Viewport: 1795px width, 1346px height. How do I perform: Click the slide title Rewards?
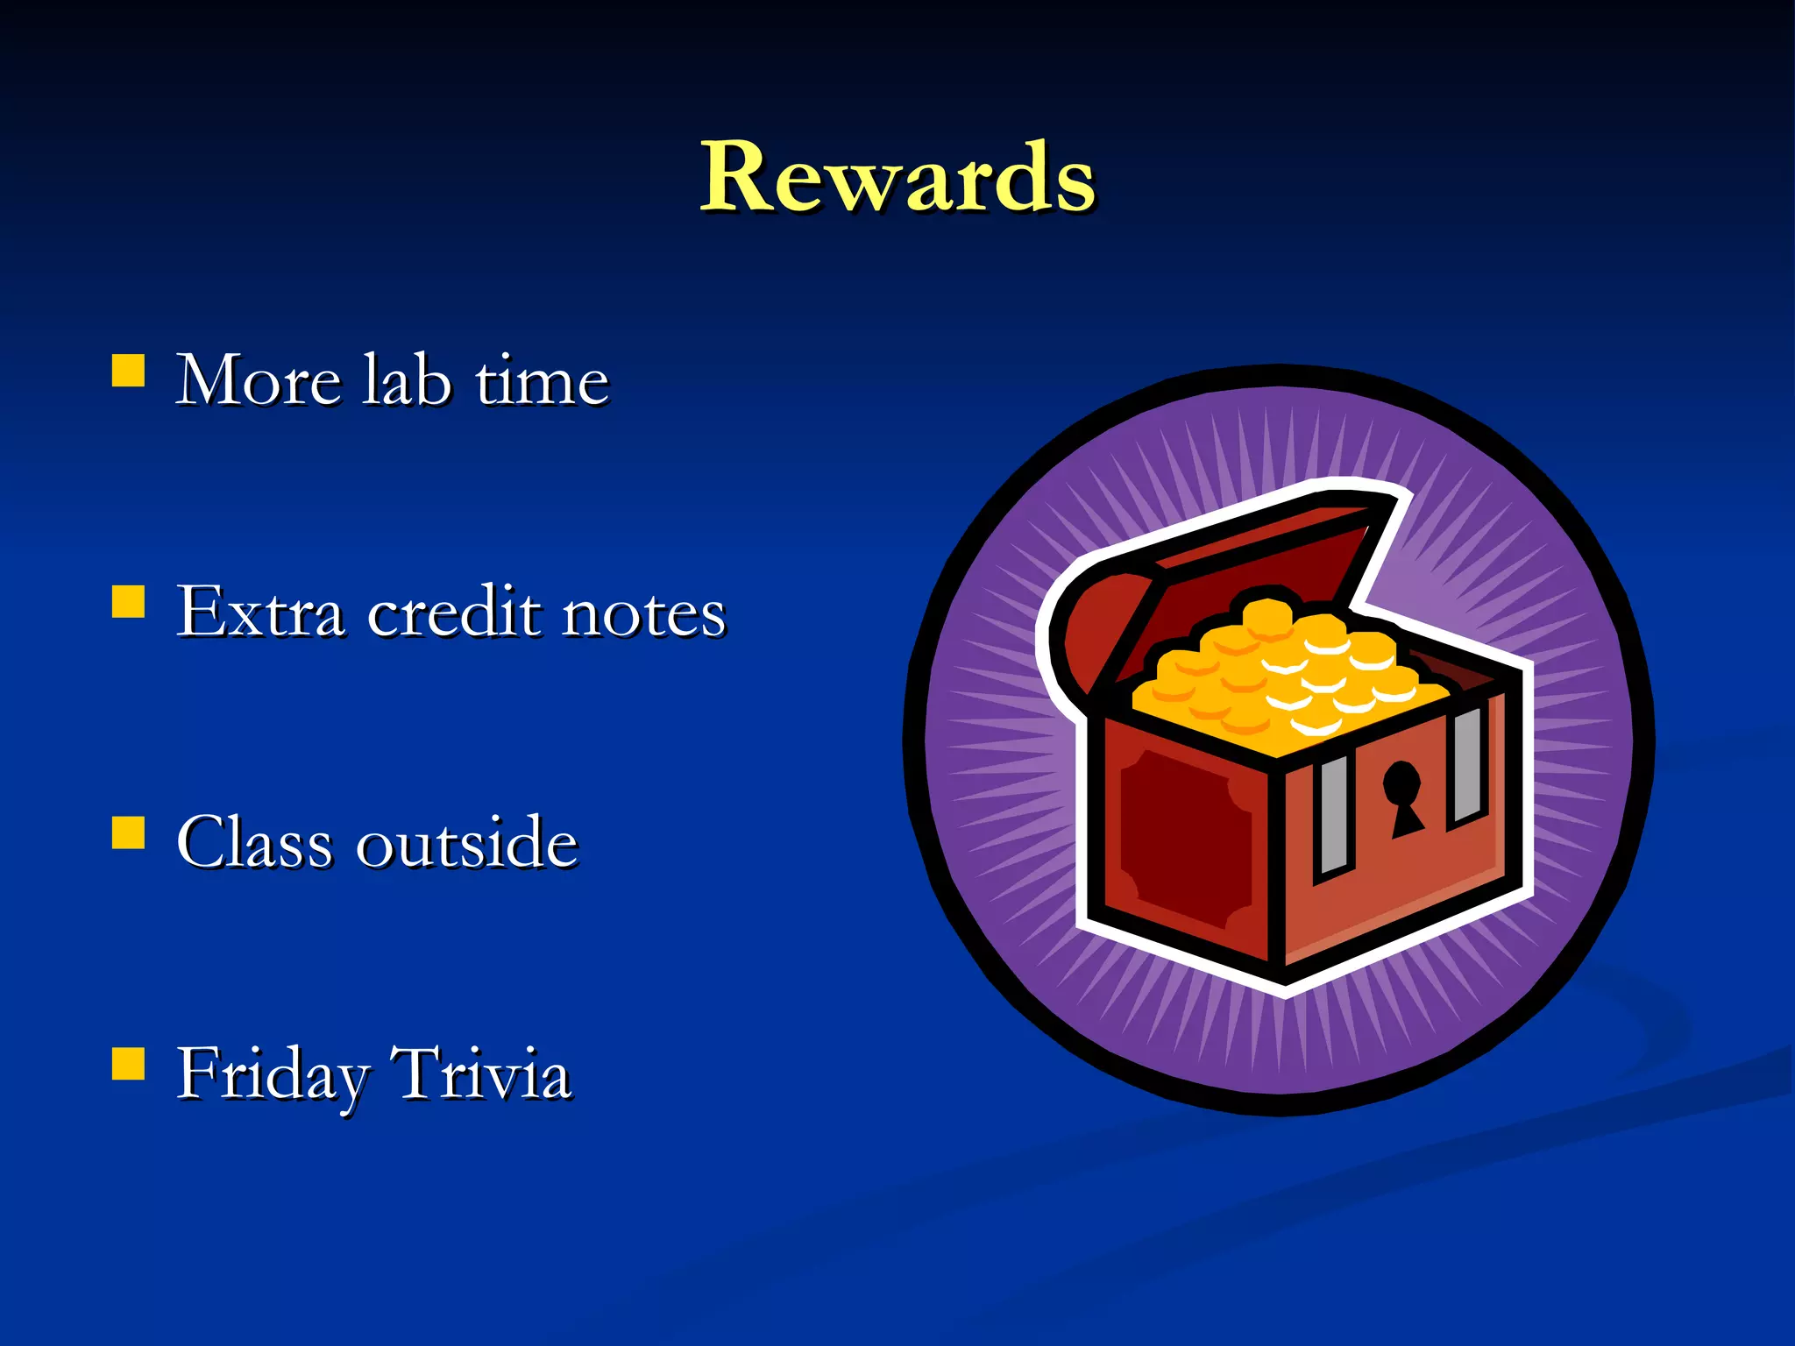pos(897,178)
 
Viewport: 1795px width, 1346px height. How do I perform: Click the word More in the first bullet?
pos(258,381)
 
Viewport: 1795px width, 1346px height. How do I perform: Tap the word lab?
pos(407,381)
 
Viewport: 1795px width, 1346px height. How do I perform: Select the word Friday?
pos(273,1074)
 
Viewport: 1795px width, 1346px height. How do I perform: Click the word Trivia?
pos(480,1073)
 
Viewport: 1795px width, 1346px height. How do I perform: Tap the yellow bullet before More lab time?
pos(129,371)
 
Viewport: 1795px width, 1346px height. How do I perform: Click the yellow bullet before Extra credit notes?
pos(129,602)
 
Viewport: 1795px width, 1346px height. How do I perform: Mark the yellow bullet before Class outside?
pos(129,832)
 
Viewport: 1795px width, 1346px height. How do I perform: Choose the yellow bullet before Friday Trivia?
pos(129,1064)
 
